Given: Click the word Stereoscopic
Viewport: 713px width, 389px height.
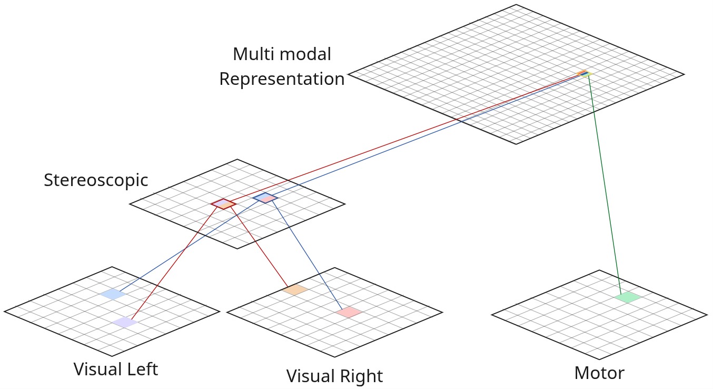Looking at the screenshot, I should point(96,180).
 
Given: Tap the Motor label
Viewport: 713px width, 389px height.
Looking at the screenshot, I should point(599,373).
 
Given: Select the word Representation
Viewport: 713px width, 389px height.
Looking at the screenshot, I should point(282,79).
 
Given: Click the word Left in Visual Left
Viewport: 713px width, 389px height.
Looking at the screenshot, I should point(138,369).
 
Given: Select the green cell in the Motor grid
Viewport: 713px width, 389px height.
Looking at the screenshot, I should point(628,297).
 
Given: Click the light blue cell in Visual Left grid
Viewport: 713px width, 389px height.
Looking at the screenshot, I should point(113,294).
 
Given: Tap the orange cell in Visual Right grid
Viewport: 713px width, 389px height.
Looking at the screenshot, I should point(294,289).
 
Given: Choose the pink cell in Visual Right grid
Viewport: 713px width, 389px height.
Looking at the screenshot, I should point(349,312).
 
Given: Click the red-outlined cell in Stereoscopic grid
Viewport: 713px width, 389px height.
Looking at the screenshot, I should point(223,203).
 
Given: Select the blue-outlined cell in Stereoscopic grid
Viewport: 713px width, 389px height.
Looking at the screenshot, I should point(265,198).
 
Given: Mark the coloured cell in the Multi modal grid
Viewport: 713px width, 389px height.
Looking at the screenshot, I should point(584,73).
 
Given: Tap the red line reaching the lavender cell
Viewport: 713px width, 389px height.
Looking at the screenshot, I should point(174,264).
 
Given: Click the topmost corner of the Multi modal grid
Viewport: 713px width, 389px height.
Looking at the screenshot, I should point(516,5).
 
